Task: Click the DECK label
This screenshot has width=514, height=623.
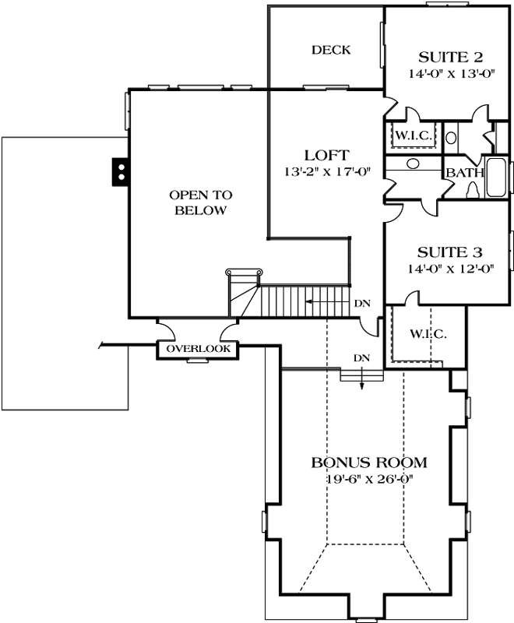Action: tap(331, 50)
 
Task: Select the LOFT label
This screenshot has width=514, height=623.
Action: tap(326, 155)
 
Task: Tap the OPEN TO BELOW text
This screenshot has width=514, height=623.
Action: tap(201, 202)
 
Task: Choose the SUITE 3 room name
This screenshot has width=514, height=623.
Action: tap(450, 252)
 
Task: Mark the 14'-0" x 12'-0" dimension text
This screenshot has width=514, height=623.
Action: tap(450, 269)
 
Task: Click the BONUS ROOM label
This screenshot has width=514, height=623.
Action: tap(369, 462)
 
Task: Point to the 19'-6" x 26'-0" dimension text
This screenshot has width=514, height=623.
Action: tap(369, 478)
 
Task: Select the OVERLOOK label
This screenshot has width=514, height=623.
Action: tap(198, 350)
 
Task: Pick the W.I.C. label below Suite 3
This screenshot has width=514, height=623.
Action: tap(428, 334)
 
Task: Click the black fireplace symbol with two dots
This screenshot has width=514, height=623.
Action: tap(119, 171)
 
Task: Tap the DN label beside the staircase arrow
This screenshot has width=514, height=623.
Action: tap(361, 302)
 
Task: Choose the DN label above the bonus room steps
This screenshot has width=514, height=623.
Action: tap(361, 357)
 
